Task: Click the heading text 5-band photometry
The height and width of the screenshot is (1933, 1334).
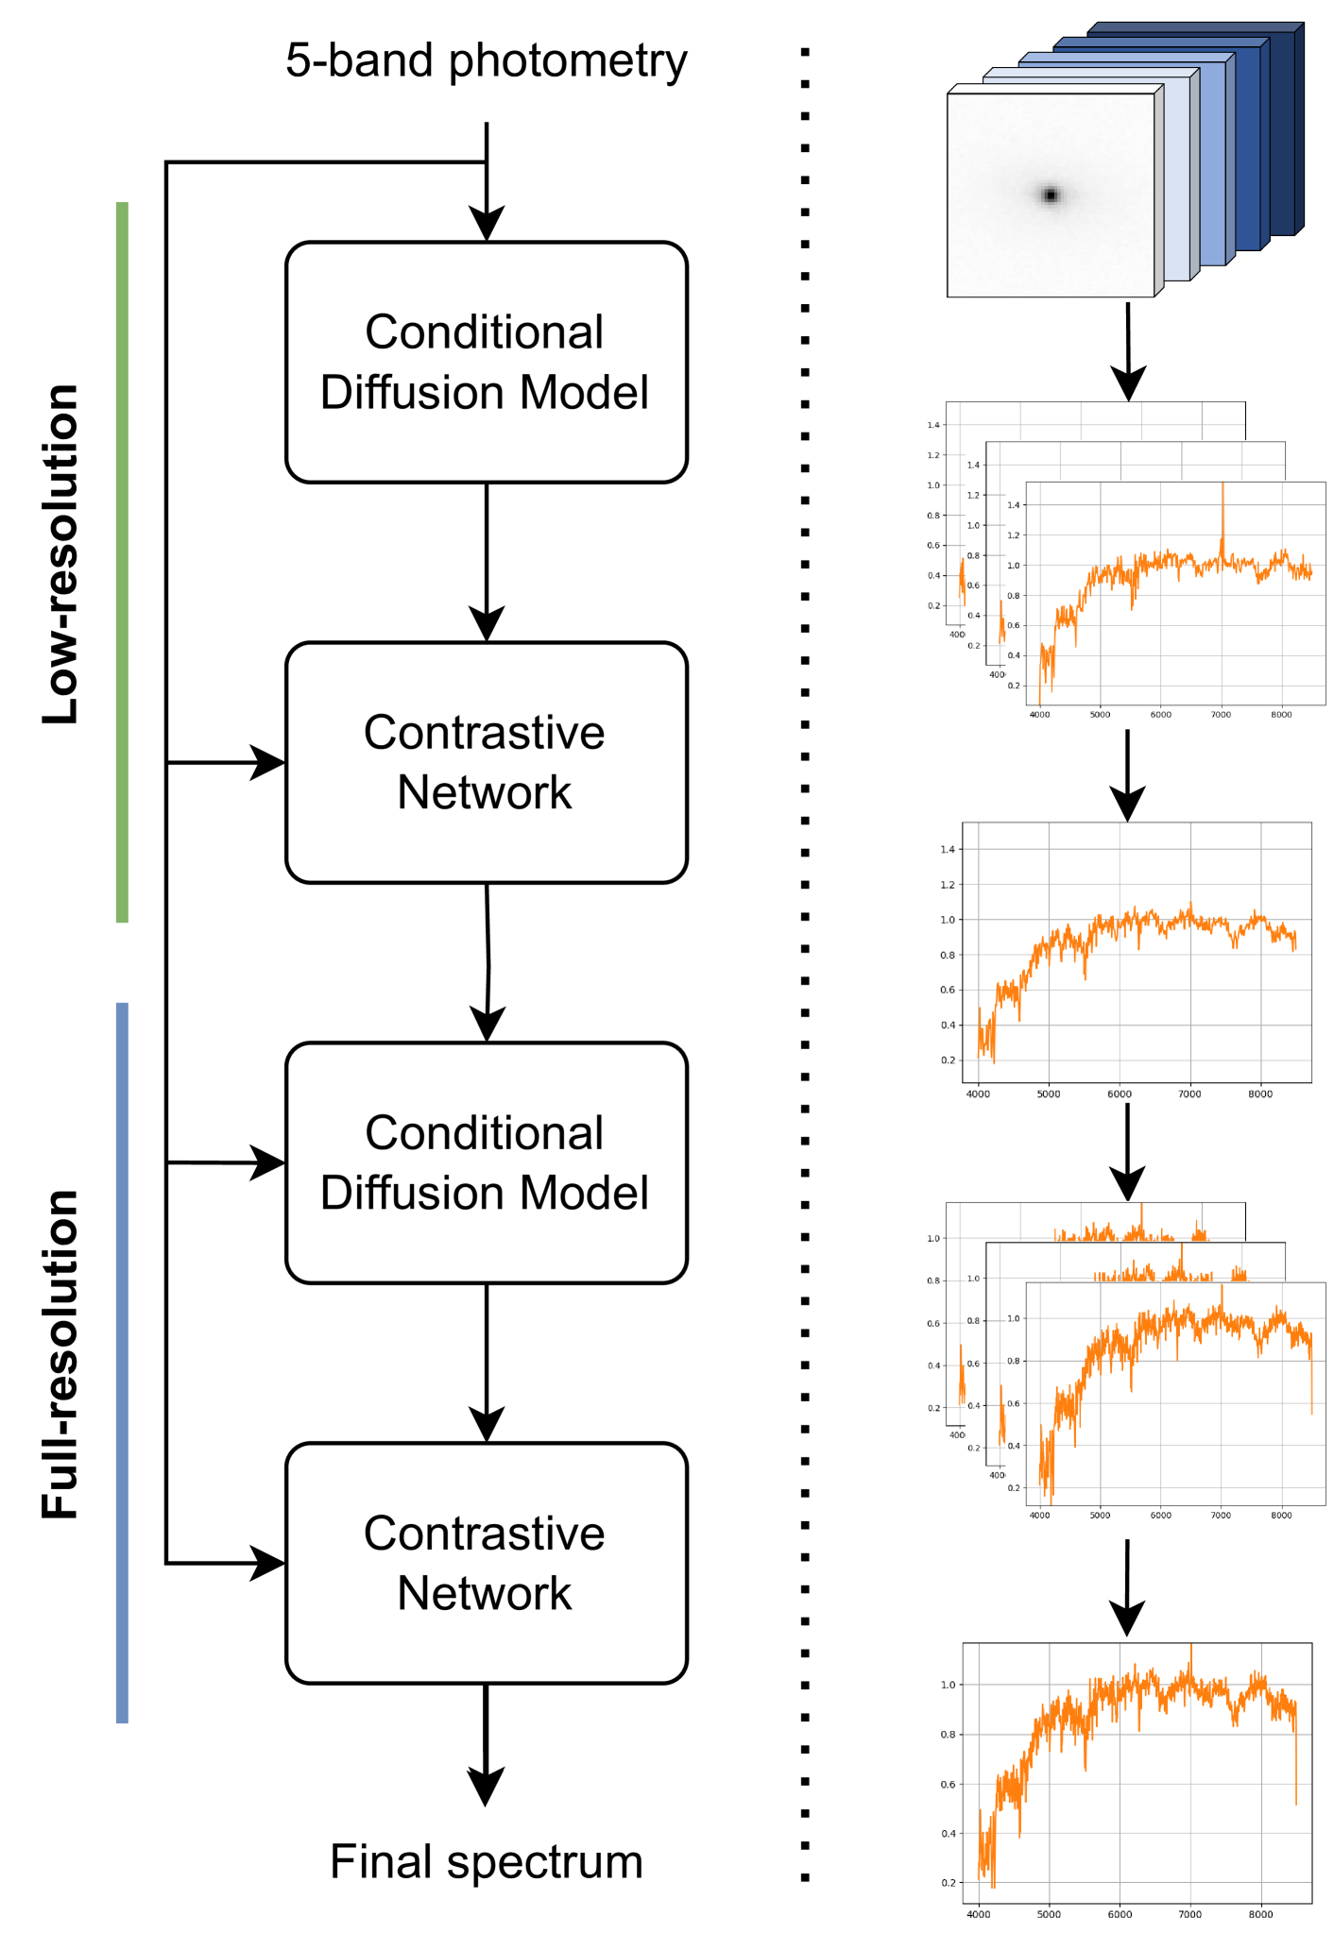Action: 487,61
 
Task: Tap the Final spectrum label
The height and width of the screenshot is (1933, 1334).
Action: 487,1862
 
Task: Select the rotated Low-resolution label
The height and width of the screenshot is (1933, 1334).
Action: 62,554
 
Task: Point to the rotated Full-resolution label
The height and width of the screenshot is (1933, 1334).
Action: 62,1354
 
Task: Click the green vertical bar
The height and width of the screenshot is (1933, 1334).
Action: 122,562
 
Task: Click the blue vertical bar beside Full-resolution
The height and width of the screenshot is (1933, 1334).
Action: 122,1362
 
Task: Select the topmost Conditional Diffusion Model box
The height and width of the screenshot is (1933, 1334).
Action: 487,363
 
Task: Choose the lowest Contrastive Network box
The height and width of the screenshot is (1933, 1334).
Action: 487,1564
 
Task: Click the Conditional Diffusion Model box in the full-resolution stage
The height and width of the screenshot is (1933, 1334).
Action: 487,1163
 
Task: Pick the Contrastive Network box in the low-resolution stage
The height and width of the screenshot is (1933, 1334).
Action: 487,763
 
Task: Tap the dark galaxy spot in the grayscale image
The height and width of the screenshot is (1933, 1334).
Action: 1051,195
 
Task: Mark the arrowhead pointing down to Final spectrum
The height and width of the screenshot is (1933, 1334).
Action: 486,1786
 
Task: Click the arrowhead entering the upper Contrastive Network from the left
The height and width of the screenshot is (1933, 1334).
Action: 268,762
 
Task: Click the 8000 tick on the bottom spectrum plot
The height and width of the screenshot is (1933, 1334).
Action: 1260,1915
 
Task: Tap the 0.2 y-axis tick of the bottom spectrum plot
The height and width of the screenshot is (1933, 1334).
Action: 948,1883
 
